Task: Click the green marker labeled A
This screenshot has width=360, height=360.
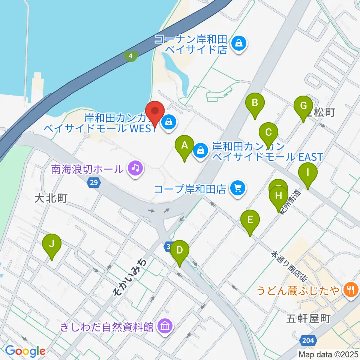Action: tap(184, 145)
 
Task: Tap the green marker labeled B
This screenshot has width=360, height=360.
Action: tap(255, 102)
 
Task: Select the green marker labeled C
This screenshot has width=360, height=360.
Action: tap(268, 132)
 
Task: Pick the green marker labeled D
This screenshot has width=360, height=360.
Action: tap(180, 250)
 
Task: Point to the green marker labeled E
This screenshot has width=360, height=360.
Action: tap(250, 219)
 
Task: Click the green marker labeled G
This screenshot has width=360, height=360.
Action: tap(303, 106)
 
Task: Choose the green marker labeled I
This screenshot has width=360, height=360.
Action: tap(308, 173)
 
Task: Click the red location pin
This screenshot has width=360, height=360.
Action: tap(156, 111)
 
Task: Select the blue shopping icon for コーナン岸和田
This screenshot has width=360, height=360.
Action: tap(238, 44)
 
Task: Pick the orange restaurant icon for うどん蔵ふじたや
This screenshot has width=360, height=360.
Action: tap(351, 289)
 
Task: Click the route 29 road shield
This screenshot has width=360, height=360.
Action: tap(94, 183)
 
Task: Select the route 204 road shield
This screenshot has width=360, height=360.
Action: tap(309, 341)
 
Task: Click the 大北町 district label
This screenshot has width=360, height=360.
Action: tap(51, 198)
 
